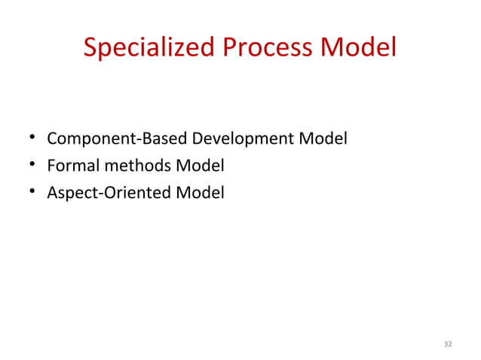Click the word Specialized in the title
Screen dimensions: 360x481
click(x=150, y=48)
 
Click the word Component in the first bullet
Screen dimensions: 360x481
click(x=81, y=140)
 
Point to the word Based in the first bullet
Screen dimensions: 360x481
click(x=140, y=140)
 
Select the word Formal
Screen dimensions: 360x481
click(x=69, y=166)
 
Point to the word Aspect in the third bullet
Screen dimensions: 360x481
click(x=68, y=194)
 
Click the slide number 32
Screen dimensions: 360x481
click(x=448, y=344)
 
